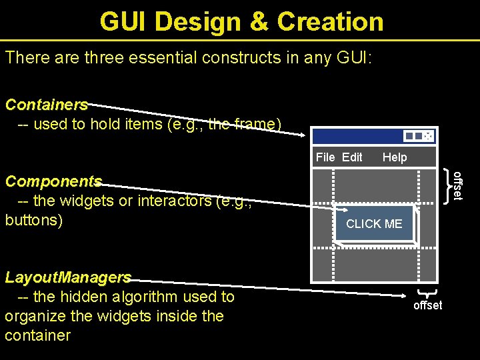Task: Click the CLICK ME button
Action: tap(374, 224)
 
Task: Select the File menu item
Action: tap(325, 157)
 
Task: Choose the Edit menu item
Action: tap(352, 157)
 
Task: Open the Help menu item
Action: tap(395, 157)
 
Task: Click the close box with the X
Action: tap(428, 136)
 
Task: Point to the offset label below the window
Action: tap(427, 305)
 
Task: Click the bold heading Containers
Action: tap(46, 105)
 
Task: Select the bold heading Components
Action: tap(53, 181)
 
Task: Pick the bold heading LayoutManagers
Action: tap(67, 277)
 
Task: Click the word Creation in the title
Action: tap(330, 22)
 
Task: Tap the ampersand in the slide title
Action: tap(259, 22)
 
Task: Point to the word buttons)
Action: tap(33, 220)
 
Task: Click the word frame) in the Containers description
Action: tap(257, 124)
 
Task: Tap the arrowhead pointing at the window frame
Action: tap(301, 133)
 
